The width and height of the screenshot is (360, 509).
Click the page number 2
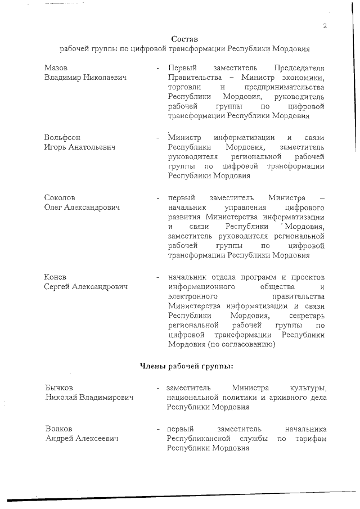pos(325,26)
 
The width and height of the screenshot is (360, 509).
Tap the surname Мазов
pos(56,67)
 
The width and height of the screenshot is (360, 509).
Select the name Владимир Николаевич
pos(85,77)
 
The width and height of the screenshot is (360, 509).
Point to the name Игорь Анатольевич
pos(80,147)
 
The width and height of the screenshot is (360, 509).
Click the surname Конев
pos(56,277)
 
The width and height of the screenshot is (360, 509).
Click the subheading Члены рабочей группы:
pos(186,367)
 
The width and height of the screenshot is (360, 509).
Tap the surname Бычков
pos(59,388)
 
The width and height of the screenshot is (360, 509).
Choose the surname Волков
pos(59,429)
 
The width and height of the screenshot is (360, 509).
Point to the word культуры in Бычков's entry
pos(308,388)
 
